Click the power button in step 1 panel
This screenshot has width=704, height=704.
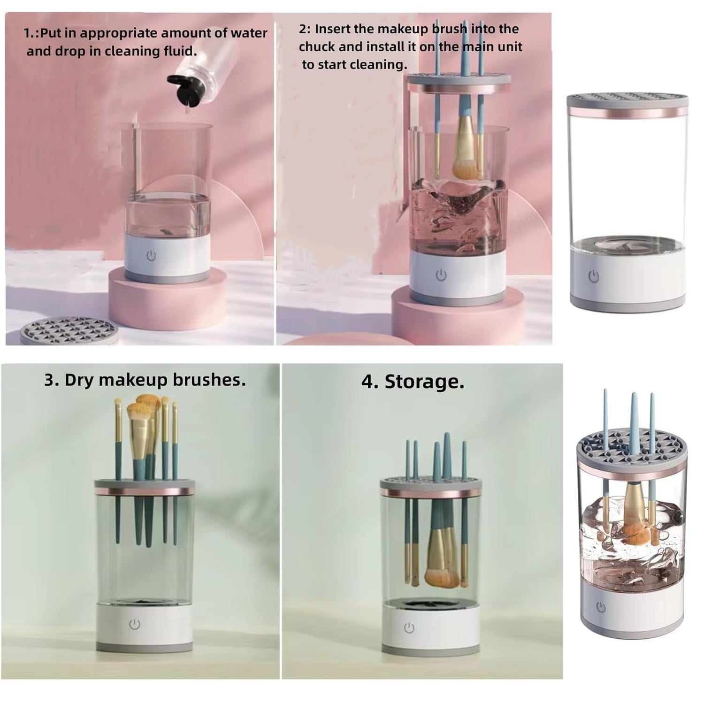coord(151,256)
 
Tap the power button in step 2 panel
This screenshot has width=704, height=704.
coord(441,275)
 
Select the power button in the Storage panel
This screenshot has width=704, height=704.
coord(409,628)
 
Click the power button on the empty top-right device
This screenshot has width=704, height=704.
coord(594,276)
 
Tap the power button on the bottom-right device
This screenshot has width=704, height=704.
coord(601,607)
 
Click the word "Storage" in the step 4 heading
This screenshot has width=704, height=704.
coord(424,382)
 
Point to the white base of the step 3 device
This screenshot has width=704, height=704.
coord(144,627)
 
